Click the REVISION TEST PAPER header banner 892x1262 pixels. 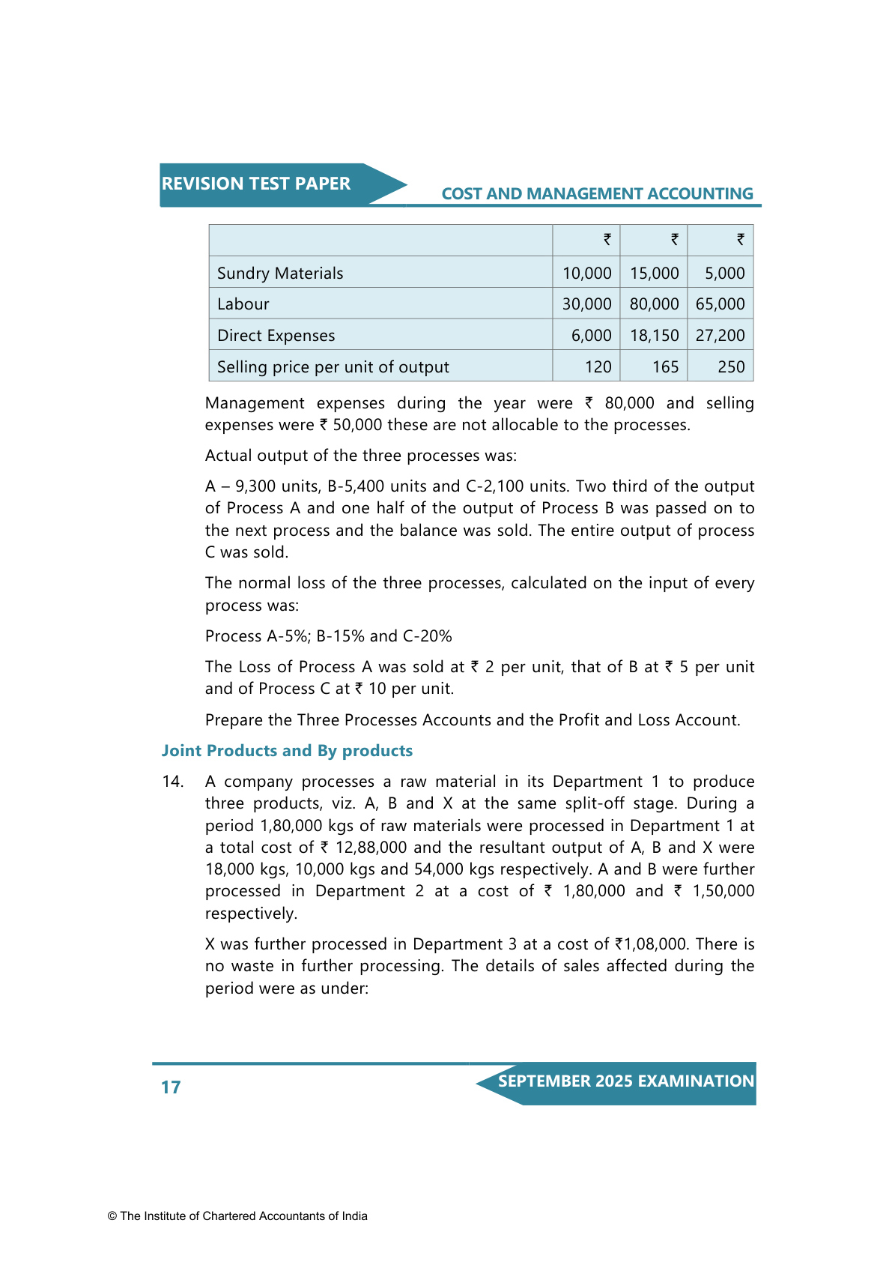click(256, 184)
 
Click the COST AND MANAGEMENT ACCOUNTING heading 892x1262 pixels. click(597, 194)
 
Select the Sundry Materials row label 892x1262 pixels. click(280, 274)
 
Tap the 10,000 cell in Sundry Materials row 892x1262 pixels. click(586, 274)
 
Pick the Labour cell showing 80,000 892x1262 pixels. click(654, 304)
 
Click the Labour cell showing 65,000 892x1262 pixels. click(720, 304)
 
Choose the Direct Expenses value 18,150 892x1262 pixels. click(654, 336)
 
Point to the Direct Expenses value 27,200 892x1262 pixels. click(720, 336)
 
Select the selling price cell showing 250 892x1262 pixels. click(731, 367)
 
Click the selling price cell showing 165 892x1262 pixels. click(664, 367)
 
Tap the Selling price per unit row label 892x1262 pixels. click(333, 367)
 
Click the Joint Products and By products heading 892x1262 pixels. click(287, 751)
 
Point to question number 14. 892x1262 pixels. click(173, 782)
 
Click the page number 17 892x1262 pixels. click(171, 1087)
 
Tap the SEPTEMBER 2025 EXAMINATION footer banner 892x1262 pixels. click(625, 1081)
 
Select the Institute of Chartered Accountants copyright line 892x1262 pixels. click(237, 1216)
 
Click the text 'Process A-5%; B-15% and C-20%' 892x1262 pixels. click(328, 636)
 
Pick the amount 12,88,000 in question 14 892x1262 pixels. click(371, 848)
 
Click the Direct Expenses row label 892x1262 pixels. click(276, 336)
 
